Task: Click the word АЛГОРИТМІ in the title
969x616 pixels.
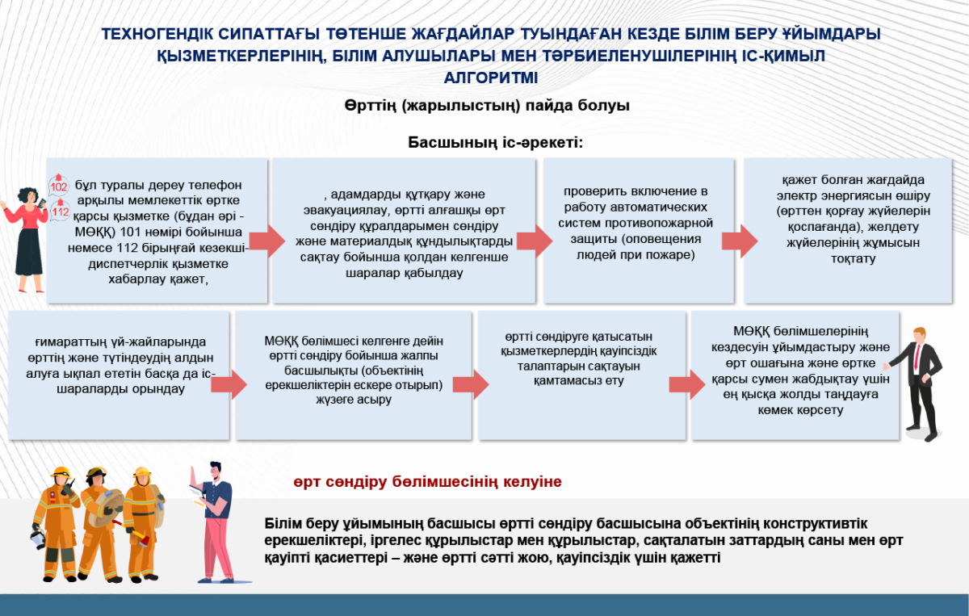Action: tap(490, 78)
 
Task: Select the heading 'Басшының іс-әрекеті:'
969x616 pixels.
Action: tap(495, 143)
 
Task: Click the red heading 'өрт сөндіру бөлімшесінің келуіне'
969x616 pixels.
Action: tap(427, 482)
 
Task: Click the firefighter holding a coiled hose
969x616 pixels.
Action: tap(101, 521)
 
